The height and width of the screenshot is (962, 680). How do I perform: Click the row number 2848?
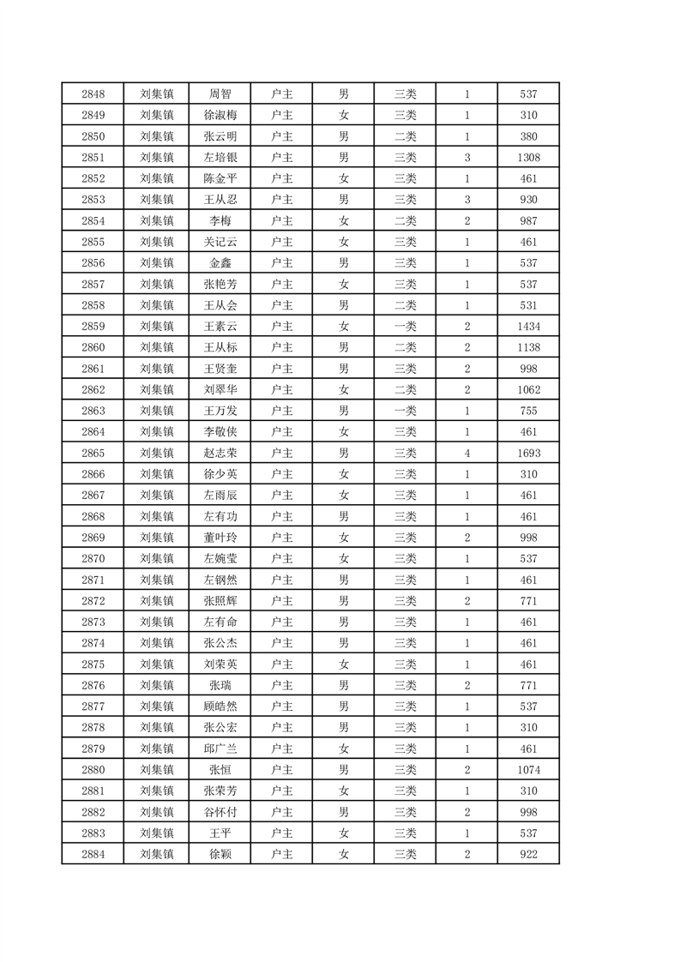(93, 94)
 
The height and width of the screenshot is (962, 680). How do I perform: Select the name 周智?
(220, 94)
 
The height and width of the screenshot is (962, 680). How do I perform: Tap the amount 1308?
(528, 158)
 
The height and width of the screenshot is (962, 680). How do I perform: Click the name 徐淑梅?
(220, 116)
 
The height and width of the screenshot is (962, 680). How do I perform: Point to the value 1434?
(528, 327)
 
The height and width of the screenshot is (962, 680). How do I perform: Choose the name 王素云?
(220, 327)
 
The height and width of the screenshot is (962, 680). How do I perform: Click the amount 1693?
(528, 454)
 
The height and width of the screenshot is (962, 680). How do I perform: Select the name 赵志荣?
(220, 454)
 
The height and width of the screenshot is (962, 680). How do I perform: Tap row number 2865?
(93, 454)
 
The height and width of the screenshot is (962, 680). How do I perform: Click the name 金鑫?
(220, 263)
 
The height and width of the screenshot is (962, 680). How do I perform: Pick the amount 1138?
(528, 348)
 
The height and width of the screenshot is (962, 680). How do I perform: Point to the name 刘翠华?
(220, 390)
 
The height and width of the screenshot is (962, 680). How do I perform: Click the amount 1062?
(528, 390)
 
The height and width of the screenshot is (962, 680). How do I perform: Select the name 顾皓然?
(220, 706)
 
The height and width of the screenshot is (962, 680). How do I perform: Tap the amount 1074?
(528, 770)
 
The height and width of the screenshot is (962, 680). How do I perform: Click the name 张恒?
(220, 770)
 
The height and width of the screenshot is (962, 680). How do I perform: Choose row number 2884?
(93, 854)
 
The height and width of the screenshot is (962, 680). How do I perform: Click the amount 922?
(528, 854)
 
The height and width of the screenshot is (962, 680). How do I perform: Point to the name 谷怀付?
(220, 812)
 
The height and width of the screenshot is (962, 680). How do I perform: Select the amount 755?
(528, 412)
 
